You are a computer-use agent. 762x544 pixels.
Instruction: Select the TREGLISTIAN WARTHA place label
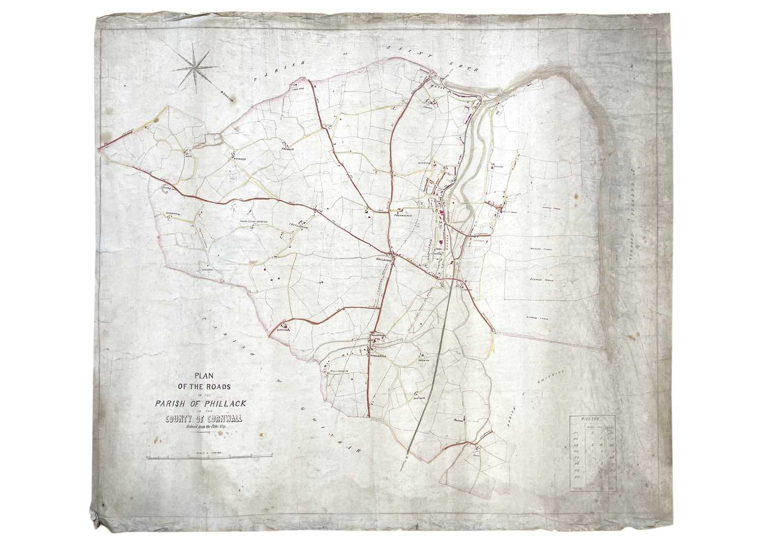pos(253,221)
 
